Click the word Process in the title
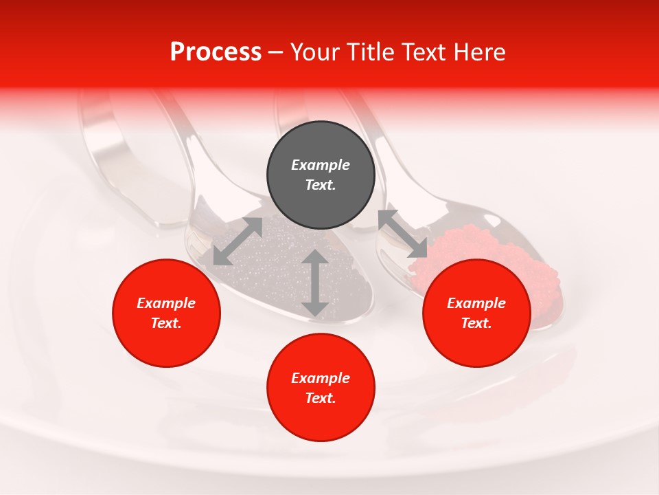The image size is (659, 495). point(216,52)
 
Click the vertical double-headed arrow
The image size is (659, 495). point(315,283)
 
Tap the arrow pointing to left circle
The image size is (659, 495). point(238,241)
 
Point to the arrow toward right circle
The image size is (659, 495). point(403,234)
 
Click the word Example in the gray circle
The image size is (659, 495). point(321,165)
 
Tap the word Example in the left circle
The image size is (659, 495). point(166,303)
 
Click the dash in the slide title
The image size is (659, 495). point(276,52)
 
